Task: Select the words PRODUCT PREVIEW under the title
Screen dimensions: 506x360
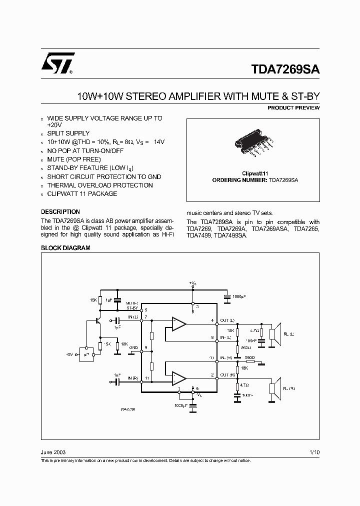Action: (x=293, y=108)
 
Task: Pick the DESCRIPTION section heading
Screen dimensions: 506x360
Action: (x=60, y=212)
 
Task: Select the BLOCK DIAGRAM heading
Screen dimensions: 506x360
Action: (x=65, y=248)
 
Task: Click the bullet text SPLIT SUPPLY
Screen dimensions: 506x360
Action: (x=68, y=133)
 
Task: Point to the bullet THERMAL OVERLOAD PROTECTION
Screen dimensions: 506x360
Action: (x=99, y=185)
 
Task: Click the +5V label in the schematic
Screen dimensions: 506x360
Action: (x=68, y=354)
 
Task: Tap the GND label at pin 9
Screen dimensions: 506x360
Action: (x=133, y=347)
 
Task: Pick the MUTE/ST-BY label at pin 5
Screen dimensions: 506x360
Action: (x=132, y=305)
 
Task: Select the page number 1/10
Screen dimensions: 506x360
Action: (x=314, y=451)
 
